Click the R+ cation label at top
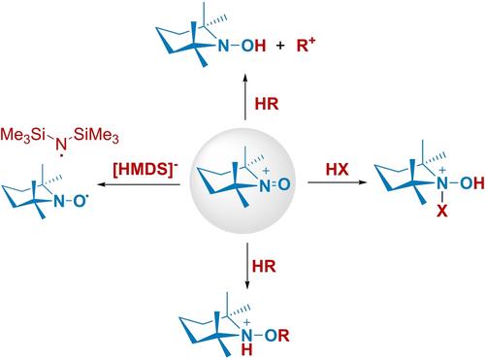coord(306,46)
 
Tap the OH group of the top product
coord(254,46)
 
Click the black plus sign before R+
coord(280,46)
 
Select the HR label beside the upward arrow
coord(267,104)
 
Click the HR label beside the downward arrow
coord(264,266)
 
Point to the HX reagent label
coord(338,170)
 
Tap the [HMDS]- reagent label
coord(145,169)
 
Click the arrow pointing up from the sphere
coord(245,97)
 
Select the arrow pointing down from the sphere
coord(247,266)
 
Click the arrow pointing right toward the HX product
coord(338,182)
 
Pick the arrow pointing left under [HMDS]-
coord(139,184)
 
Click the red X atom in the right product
coord(442,212)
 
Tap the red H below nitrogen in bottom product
coord(246,350)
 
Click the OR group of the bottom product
coord(277,336)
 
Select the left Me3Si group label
coord(22,135)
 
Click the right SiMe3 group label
coord(96,135)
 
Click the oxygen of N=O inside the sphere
coord(283,185)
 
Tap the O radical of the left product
coord(81,201)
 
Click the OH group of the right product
coord(472,183)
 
